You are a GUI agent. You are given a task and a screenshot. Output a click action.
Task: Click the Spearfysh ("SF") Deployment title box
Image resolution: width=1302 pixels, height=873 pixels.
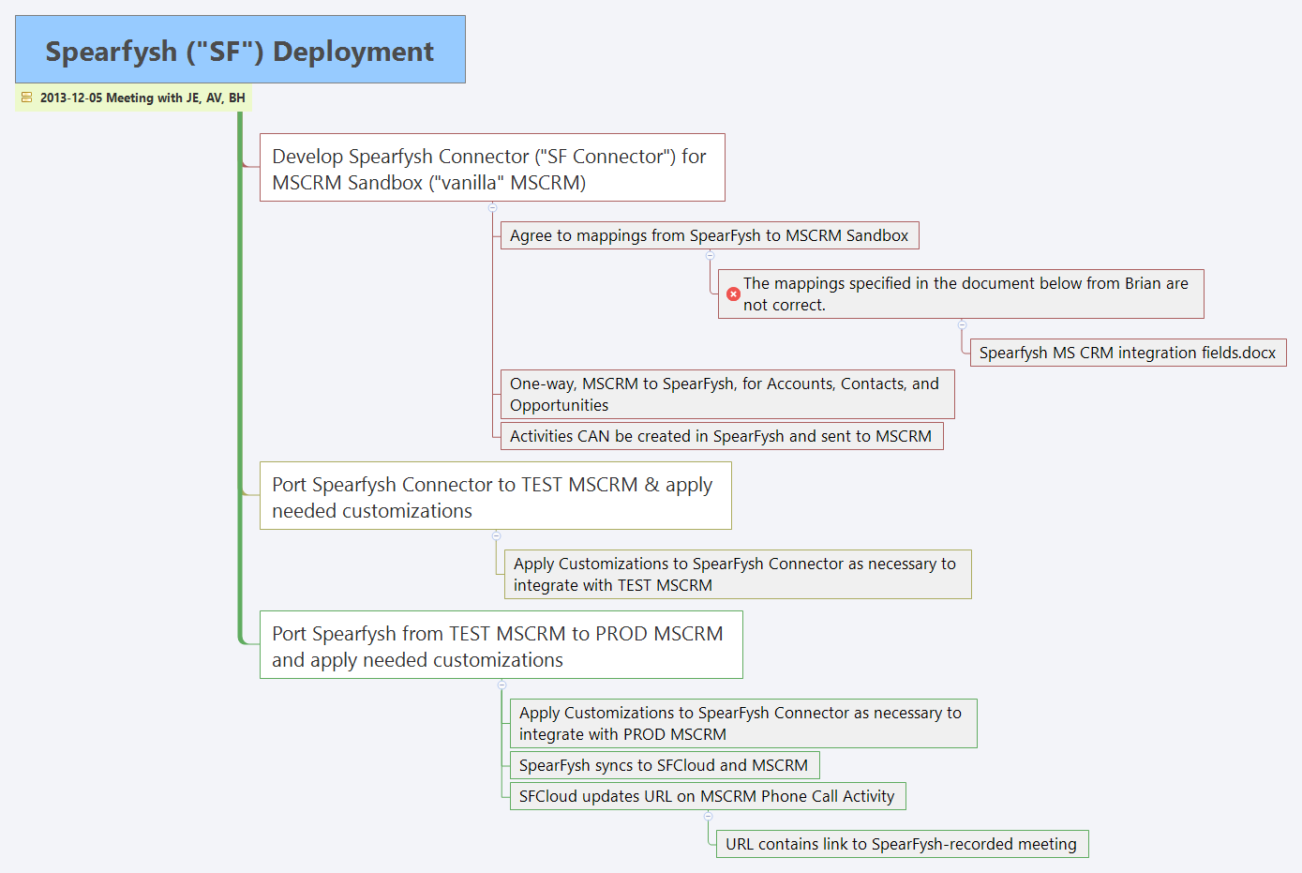(x=240, y=50)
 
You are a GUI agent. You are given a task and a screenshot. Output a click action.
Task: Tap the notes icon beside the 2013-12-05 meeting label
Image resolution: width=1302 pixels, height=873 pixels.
(x=26, y=98)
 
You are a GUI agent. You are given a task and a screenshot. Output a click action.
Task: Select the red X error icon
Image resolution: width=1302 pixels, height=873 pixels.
(x=734, y=294)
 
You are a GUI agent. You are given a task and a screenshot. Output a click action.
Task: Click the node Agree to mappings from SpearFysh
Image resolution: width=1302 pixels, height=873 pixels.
(x=709, y=235)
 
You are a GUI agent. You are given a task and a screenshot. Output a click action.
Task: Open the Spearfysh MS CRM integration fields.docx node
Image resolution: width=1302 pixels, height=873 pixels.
(x=1128, y=353)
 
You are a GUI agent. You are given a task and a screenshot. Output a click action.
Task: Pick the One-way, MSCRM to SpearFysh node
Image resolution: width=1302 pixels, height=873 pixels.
(x=726, y=395)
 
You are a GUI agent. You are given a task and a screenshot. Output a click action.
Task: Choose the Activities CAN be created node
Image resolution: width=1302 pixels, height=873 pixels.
(x=721, y=436)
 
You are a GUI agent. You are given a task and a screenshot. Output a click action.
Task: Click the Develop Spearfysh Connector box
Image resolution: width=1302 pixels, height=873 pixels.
(x=492, y=168)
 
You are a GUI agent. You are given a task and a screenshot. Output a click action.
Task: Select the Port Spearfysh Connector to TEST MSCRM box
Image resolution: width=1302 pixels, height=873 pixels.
(x=495, y=497)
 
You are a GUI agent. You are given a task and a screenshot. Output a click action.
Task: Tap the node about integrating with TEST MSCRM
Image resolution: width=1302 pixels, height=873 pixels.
(x=738, y=574)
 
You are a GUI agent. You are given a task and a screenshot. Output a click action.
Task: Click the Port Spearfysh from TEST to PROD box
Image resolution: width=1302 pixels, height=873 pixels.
(x=501, y=646)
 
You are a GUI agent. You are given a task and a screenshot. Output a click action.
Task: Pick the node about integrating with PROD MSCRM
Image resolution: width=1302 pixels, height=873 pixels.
(x=742, y=723)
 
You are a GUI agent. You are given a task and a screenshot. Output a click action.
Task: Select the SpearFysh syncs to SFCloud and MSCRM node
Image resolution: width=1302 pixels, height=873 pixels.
(x=664, y=765)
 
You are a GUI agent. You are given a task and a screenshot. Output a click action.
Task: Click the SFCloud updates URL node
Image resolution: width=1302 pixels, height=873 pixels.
(x=707, y=796)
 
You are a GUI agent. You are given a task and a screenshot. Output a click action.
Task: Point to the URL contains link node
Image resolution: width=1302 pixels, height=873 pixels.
(x=901, y=844)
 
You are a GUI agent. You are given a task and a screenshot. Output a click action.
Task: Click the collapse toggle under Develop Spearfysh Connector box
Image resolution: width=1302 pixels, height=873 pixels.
(x=492, y=207)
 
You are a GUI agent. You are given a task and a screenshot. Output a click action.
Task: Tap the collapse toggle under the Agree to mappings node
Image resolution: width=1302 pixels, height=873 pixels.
(x=710, y=255)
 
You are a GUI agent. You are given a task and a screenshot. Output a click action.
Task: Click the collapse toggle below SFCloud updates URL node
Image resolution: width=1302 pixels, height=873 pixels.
(x=708, y=816)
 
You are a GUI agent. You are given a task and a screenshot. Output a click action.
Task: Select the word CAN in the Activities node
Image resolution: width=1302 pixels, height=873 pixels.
(x=593, y=436)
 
